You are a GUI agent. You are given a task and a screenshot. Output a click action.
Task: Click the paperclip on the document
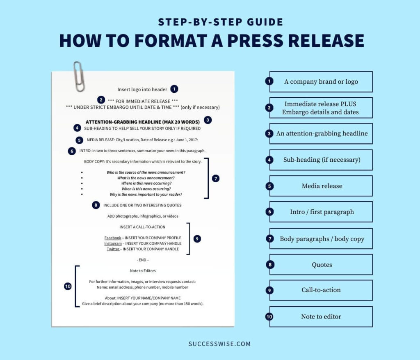[x=79, y=76]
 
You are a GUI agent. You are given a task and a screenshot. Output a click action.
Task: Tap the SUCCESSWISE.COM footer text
[x=219, y=344]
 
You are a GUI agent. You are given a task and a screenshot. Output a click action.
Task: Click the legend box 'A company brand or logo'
[x=321, y=82]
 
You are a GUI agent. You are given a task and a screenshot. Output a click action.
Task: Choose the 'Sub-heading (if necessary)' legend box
[x=321, y=160]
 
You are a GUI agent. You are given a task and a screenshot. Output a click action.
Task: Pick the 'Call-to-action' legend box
[x=321, y=290]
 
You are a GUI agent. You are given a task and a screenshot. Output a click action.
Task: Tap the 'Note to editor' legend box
[x=321, y=316]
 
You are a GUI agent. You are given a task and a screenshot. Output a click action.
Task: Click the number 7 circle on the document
[x=216, y=179]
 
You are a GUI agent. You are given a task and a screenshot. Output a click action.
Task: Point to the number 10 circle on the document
[x=68, y=287]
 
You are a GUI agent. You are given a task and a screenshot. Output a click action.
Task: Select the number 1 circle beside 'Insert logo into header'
[x=174, y=89]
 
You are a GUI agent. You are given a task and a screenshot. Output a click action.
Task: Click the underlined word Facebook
[x=113, y=238]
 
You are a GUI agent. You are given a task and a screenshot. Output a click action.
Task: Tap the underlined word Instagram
[x=113, y=244]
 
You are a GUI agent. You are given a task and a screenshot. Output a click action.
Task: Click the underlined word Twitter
[x=113, y=249]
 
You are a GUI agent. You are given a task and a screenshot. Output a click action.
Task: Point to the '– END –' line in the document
[x=142, y=260]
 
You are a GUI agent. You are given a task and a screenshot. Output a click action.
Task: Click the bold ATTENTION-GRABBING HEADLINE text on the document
[x=142, y=122]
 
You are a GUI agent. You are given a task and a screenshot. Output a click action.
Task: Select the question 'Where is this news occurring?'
[x=146, y=183]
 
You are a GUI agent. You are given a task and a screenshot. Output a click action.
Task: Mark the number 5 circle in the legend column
[x=269, y=186]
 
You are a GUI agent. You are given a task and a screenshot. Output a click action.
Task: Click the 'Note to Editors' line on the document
[x=142, y=271]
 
